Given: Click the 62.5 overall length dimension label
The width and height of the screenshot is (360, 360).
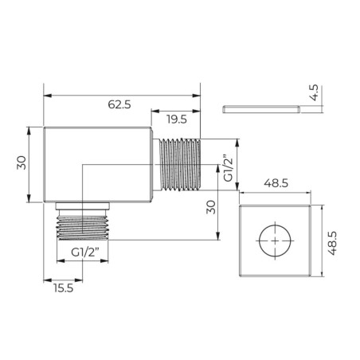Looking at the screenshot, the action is (x=119, y=104).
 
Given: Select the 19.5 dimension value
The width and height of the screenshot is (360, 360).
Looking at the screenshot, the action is (x=177, y=119).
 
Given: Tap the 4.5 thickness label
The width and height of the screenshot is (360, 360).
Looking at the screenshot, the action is (x=314, y=92).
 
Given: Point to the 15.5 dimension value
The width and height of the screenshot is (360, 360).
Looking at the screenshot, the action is (x=63, y=288).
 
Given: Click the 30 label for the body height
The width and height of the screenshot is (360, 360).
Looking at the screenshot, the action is (x=22, y=162).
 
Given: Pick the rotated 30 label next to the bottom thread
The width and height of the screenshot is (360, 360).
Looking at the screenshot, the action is (x=211, y=207).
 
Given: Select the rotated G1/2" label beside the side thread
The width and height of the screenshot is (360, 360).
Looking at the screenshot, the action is (x=228, y=168).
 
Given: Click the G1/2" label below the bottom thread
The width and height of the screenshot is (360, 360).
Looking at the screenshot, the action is (x=85, y=252).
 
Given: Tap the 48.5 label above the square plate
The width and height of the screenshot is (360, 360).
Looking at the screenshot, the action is (x=276, y=183).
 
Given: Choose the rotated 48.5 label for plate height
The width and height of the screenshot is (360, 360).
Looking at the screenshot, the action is (x=332, y=243).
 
